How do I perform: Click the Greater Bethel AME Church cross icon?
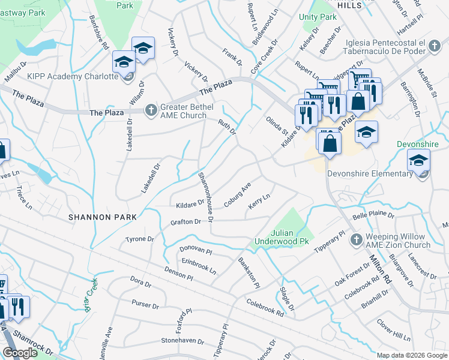click(x=151, y=109)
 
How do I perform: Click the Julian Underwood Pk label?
click(x=289, y=237)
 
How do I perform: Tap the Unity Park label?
click(x=319, y=17)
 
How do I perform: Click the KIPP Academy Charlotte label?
click(x=73, y=76)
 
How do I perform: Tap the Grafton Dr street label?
click(x=185, y=222)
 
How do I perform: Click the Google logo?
click(x=20, y=353)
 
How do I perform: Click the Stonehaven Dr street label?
click(x=184, y=340)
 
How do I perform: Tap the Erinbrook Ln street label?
click(x=199, y=266)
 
